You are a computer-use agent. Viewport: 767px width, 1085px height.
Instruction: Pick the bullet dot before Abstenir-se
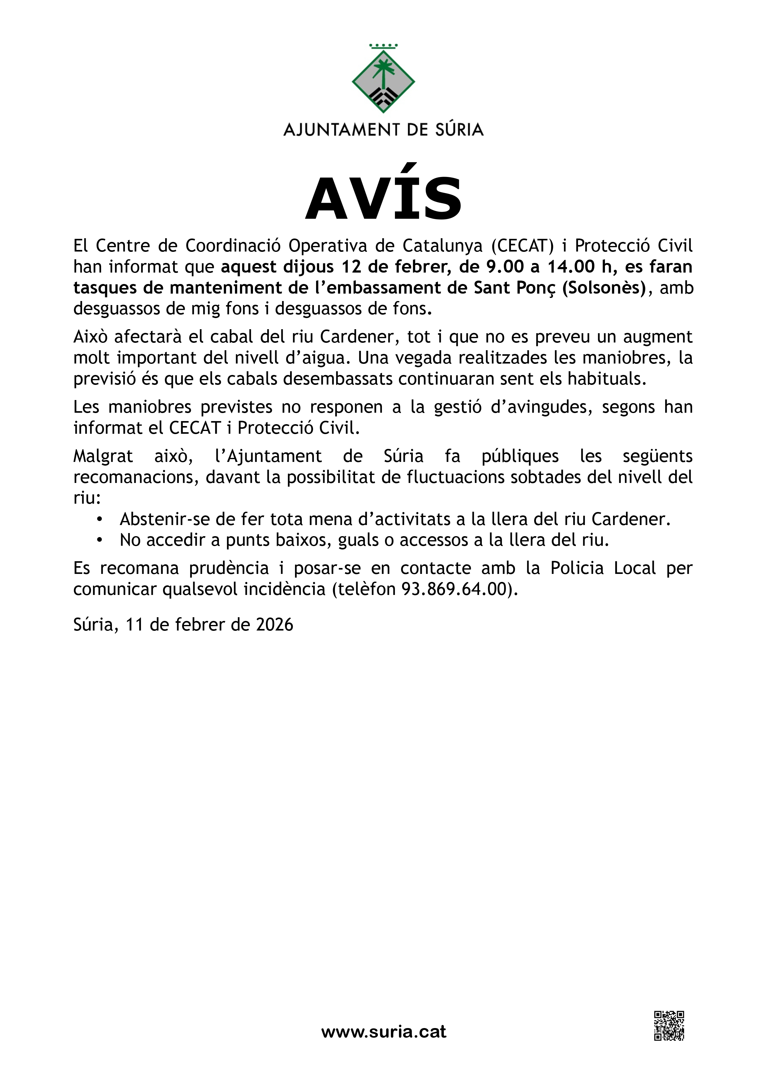point(99,519)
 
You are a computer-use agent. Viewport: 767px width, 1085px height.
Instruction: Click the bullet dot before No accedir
point(99,540)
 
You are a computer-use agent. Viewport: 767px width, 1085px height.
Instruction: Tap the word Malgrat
point(103,457)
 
